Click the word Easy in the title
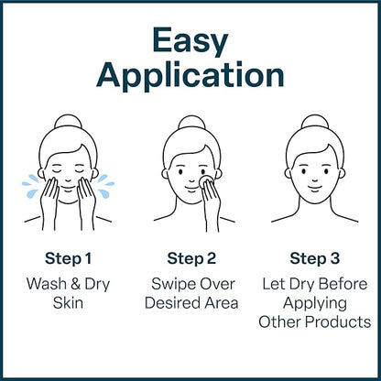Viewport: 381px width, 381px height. point(190,39)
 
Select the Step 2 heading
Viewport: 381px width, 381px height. point(190,257)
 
